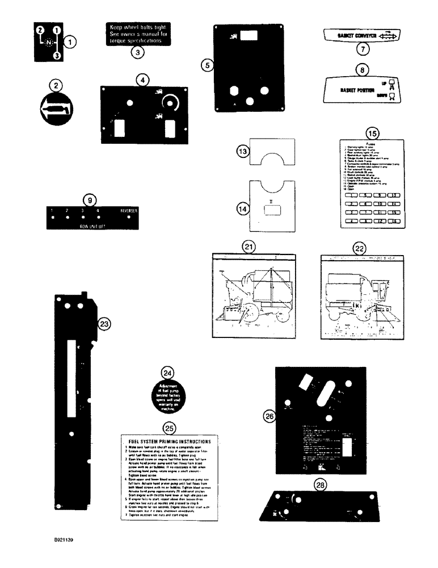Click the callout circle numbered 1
pyautogui.click(x=70, y=41)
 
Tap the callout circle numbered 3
pyautogui.click(x=136, y=53)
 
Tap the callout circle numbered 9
pyautogui.click(x=90, y=200)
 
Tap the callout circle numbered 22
pyautogui.click(x=360, y=248)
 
